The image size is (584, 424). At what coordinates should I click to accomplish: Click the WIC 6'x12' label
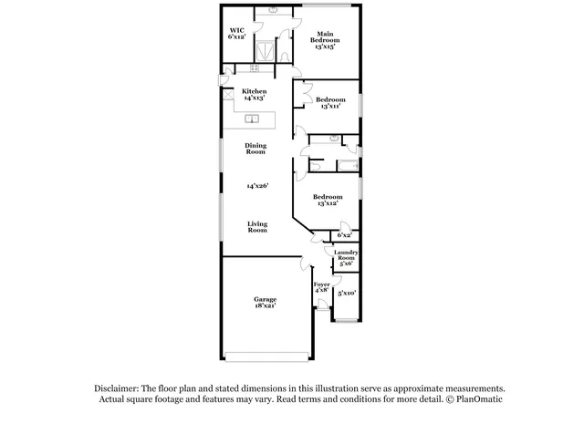237,33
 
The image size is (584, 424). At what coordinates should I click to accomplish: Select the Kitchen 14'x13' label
254,94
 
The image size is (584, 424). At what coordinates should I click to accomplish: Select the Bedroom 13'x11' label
329,103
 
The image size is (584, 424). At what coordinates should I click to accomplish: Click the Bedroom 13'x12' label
327,201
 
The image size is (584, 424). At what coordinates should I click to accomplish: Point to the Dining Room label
255,148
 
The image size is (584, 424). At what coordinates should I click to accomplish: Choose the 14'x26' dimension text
257,186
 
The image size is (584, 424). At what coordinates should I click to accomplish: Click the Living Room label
257,227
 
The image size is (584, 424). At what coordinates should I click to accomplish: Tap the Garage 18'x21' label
266,303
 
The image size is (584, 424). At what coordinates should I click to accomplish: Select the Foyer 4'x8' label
321,287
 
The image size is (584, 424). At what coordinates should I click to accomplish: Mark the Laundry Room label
346,256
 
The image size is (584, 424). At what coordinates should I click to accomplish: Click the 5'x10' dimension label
346,293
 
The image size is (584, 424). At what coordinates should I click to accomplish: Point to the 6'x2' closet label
345,235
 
